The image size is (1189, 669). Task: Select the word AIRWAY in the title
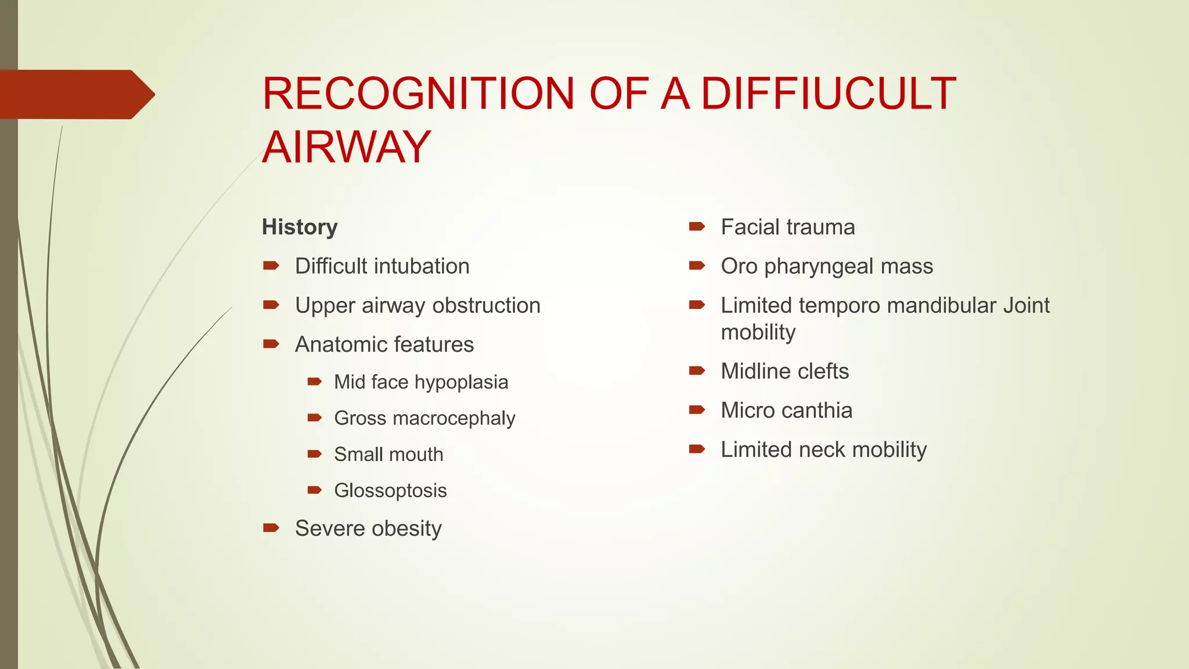tap(347, 146)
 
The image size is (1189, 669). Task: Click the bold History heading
tap(300, 227)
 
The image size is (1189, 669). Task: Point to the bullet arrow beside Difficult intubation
tap(271, 266)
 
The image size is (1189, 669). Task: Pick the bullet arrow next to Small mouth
tap(315, 454)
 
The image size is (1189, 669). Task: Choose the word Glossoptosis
tap(390, 491)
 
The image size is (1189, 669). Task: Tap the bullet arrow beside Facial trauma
tap(697, 227)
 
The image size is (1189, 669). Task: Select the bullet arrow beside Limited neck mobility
tap(697, 449)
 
